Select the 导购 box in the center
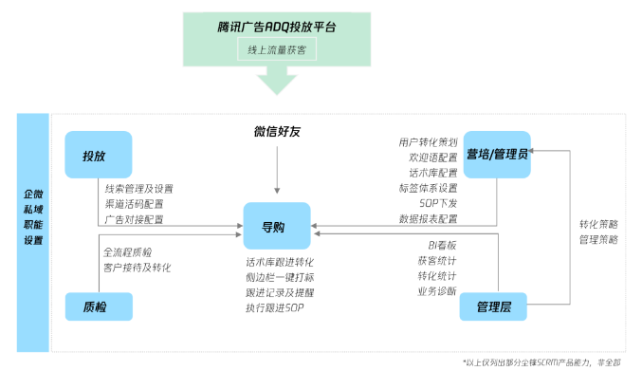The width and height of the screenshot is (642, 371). (x=276, y=228)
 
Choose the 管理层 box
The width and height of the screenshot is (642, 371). (x=493, y=306)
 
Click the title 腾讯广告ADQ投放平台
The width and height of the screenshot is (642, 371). (x=276, y=26)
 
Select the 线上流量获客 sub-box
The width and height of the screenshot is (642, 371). (x=276, y=49)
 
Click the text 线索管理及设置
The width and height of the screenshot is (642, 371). (x=138, y=189)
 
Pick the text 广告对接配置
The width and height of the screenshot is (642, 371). (x=134, y=219)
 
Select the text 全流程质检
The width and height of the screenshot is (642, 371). (x=127, y=252)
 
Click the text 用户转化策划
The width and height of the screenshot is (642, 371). (x=429, y=142)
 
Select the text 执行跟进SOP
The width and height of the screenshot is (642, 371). (x=274, y=307)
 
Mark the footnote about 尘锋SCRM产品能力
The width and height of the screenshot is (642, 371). (x=547, y=362)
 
